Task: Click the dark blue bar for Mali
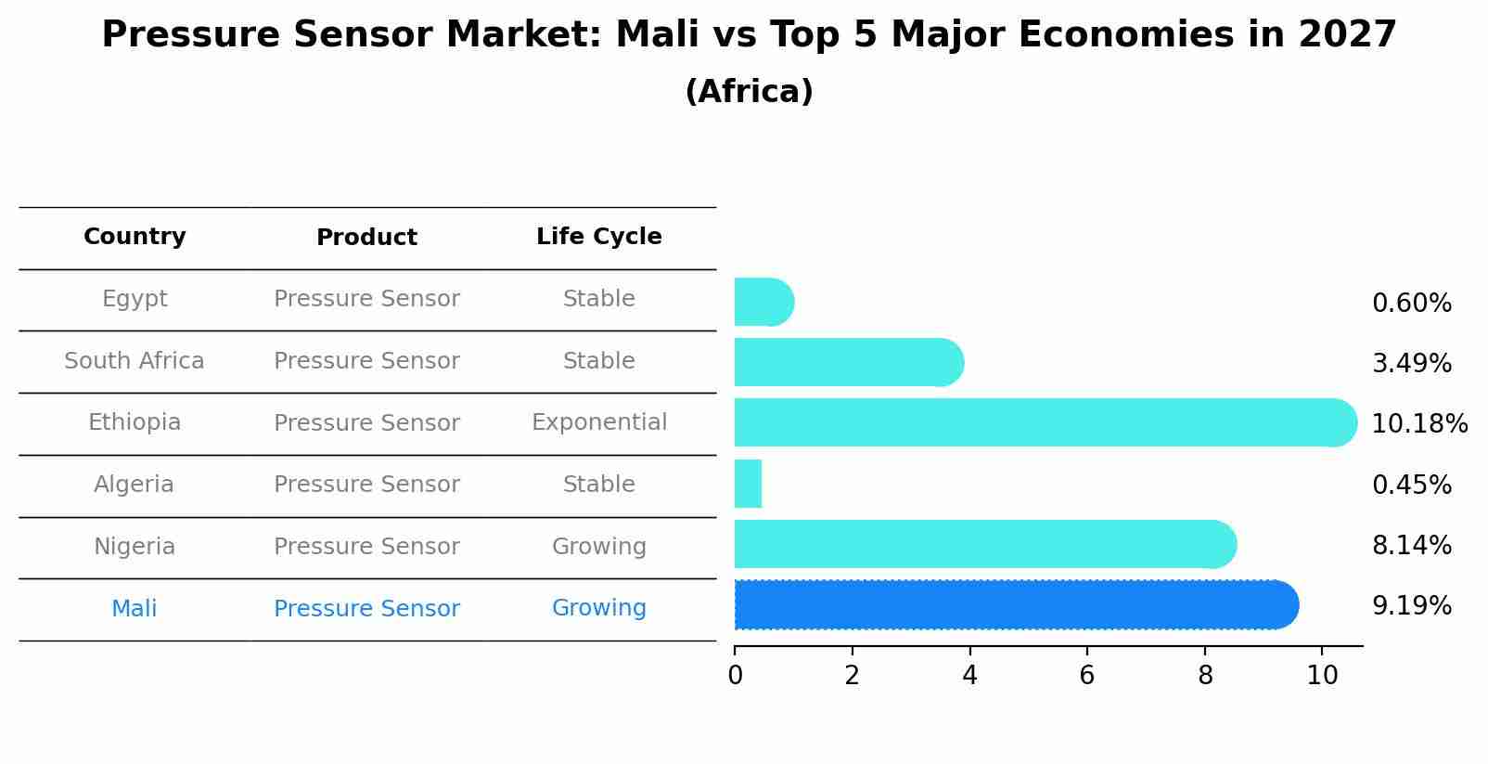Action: coord(1016,605)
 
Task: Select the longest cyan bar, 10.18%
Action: coord(1045,422)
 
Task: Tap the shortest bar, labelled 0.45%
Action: coord(748,484)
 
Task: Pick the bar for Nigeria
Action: coord(984,544)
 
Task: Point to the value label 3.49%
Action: coord(1411,363)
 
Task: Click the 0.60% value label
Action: coord(1411,304)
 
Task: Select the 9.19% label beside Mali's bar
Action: coord(1411,606)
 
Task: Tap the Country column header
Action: coord(135,237)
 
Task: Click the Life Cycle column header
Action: coord(598,237)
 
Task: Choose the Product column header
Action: coord(366,238)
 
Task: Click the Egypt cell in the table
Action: coord(135,299)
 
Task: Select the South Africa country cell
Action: coord(135,361)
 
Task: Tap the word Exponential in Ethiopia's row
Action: coord(598,422)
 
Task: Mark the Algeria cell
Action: coord(135,485)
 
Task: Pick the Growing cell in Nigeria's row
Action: coord(598,547)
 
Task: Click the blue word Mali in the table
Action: coord(135,609)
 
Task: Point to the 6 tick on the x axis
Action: coord(1087,676)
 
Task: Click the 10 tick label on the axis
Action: coord(1322,676)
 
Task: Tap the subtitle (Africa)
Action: coord(749,92)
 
